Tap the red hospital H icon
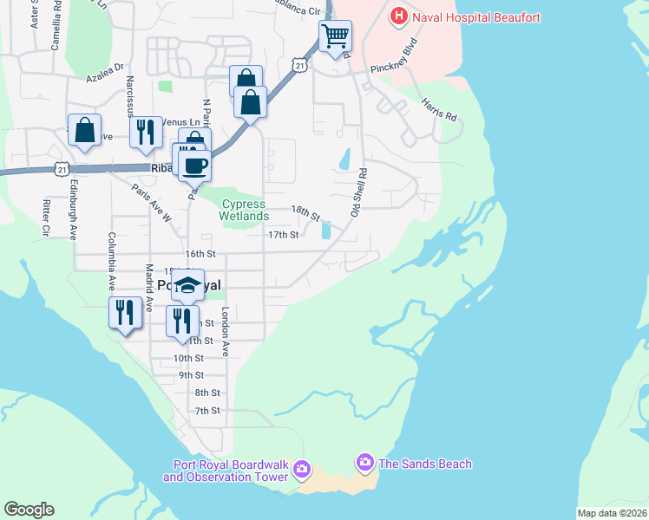click(x=398, y=16)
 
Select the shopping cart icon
click(x=335, y=36)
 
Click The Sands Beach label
click(x=425, y=464)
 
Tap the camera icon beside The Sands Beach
click(x=364, y=464)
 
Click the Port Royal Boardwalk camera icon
click(x=301, y=471)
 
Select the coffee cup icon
click(x=195, y=165)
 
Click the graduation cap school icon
click(x=187, y=285)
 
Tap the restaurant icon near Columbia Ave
click(x=125, y=312)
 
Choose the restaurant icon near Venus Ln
click(x=145, y=132)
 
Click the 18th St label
click(x=305, y=211)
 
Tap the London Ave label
click(x=225, y=331)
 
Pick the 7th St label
click(x=207, y=411)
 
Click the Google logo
click(x=29, y=510)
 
